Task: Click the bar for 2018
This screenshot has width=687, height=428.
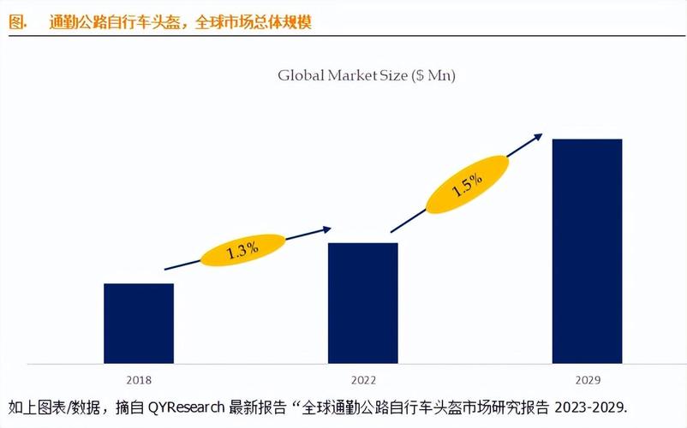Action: (x=139, y=323)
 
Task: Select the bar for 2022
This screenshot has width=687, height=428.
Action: (x=362, y=302)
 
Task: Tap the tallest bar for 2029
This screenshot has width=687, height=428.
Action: (x=587, y=250)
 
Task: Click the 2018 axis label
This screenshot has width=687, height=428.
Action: (x=139, y=377)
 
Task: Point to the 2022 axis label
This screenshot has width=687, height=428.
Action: (x=363, y=377)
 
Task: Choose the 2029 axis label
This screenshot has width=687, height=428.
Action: (x=587, y=377)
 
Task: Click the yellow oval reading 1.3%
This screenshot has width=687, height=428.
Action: (x=242, y=251)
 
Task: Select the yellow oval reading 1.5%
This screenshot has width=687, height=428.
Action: (x=467, y=186)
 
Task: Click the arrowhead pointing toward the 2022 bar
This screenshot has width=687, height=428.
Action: (x=326, y=228)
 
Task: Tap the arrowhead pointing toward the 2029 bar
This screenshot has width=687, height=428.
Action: (x=538, y=135)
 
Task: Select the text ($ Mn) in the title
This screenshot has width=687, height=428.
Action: (x=433, y=75)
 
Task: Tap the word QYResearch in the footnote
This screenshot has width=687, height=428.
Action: (x=186, y=406)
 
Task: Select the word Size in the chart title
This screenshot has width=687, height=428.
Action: (x=393, y=75)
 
